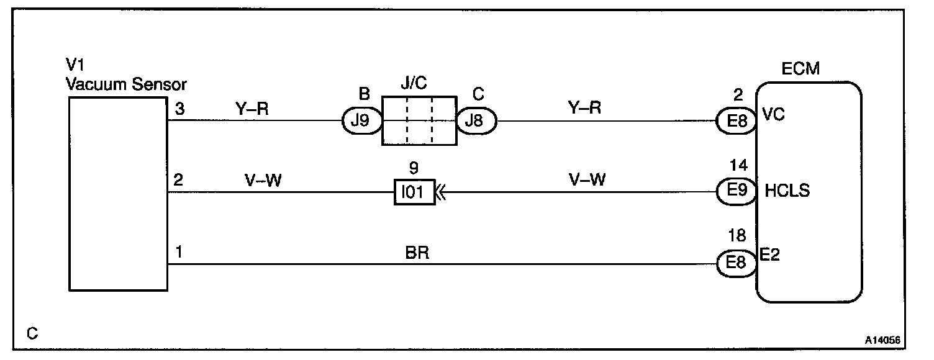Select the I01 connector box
click(412, 192)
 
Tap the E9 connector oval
click(735, 191)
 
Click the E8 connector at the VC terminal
click(735, 120)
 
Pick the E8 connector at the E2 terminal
click(735, 263)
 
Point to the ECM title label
click(801, 69)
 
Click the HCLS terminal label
click(788, 191)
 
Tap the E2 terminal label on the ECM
click(770, 254)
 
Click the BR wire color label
click(415, 254)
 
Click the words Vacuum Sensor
click(126, 83)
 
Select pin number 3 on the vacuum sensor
click(179, 109)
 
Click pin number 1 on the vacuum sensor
click(179, 253)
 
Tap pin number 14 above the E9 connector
click(739, 166)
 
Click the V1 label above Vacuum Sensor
click(75, 65)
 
